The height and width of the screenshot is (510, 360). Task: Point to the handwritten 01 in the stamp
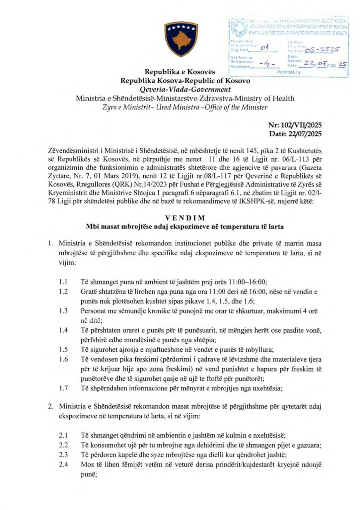(x=264, y=48)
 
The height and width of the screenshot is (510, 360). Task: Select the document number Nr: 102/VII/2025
(x=295, y=125)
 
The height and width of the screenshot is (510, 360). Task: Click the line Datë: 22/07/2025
(x=295, y=134)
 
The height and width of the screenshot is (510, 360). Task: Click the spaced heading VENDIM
(x=185, y=218)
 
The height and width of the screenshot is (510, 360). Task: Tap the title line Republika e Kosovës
(x=180, y=72)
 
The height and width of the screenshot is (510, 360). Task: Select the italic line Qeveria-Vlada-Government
(x=185, y=89)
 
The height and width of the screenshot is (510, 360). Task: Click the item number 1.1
(x=63, y=282)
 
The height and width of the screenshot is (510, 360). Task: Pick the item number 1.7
(x=63, y=388)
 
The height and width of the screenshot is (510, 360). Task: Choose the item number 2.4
(x=63, y=464)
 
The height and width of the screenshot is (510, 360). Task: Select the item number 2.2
(x=63, y=445)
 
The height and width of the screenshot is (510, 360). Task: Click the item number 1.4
(x=63, y=330)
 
